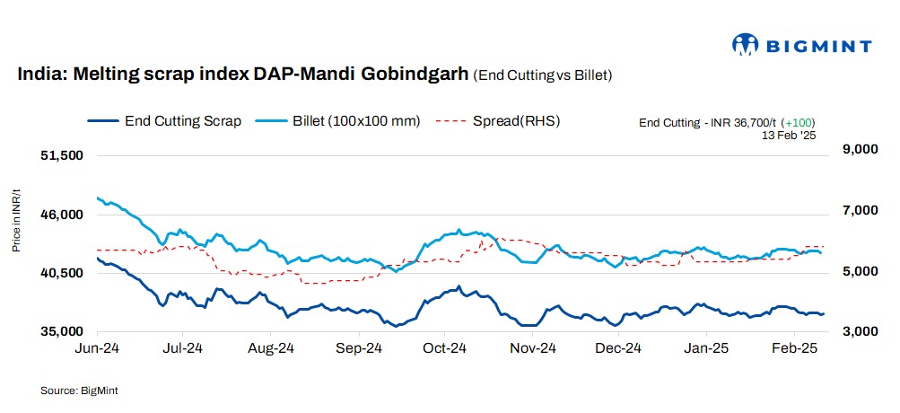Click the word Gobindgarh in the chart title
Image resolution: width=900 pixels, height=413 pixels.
413,75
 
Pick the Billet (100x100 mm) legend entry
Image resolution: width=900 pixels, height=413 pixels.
338,120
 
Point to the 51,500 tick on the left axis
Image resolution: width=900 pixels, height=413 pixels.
63,155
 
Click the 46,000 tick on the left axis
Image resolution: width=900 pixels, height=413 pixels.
63,215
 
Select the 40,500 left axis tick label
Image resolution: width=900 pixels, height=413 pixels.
63,273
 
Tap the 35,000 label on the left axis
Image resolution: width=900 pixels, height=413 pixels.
63,331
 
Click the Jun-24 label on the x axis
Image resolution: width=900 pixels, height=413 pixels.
96,347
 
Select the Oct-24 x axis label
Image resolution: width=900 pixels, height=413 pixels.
444,347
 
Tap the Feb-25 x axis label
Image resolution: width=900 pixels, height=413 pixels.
792,347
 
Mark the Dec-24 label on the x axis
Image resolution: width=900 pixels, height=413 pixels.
618,347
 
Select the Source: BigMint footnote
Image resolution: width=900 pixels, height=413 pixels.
79,391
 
